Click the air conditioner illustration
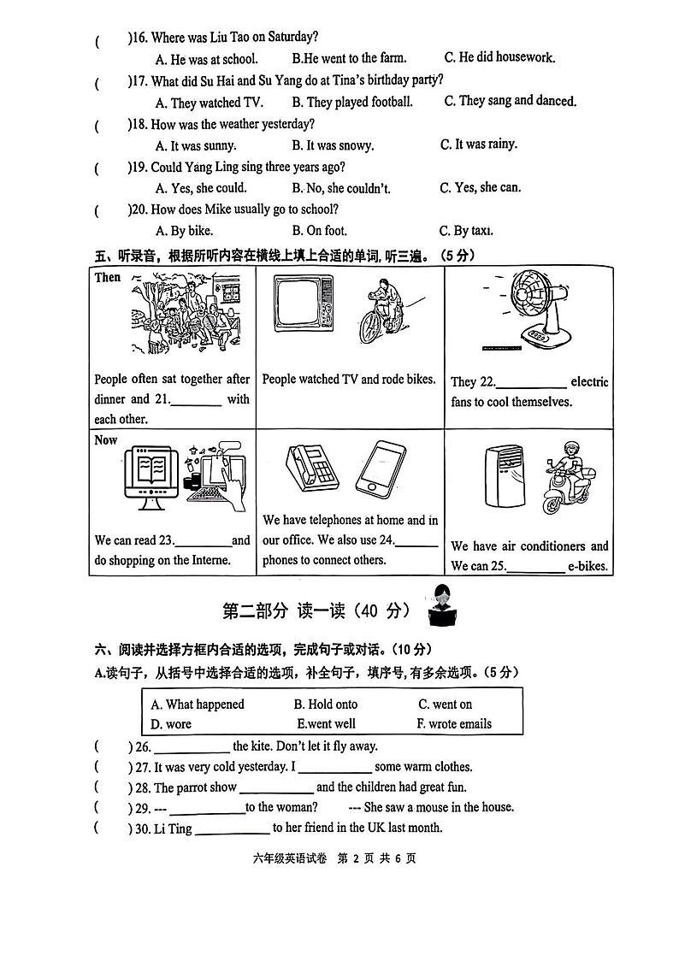pos(501,480)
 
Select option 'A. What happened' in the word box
pos(198,705)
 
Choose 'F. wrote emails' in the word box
pos(454,723)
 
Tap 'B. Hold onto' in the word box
pos(326,705)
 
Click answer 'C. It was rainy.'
pos(479,144)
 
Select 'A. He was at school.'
pos(206,59)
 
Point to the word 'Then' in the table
pos(108,277)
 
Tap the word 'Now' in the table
pos(106,440)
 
